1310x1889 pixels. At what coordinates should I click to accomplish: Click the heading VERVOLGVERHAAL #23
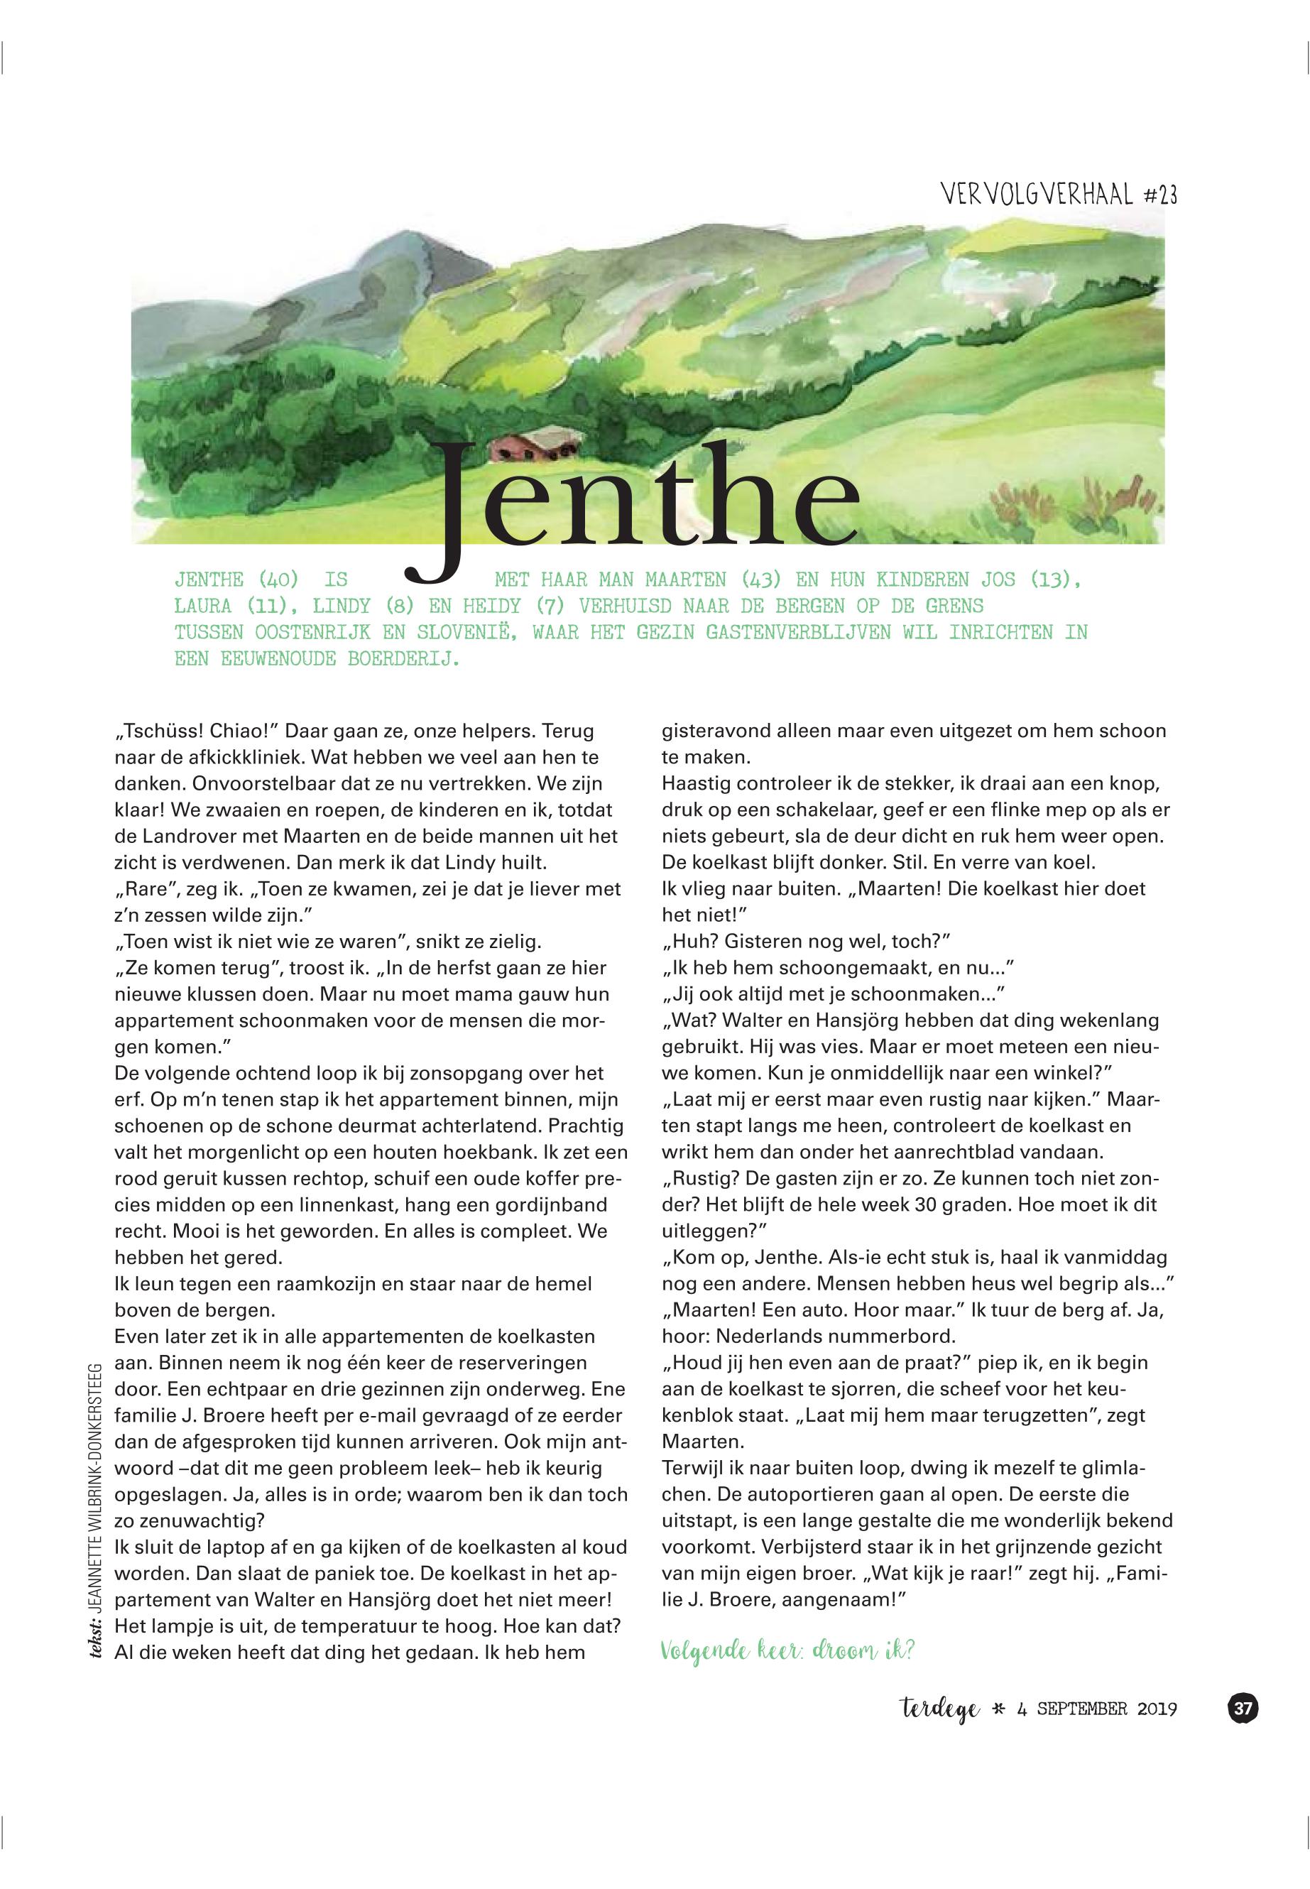coord(1059,195)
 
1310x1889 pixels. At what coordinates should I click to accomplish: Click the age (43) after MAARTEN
coord(763,579)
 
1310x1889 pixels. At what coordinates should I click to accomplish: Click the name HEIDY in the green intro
coord(491,606)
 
